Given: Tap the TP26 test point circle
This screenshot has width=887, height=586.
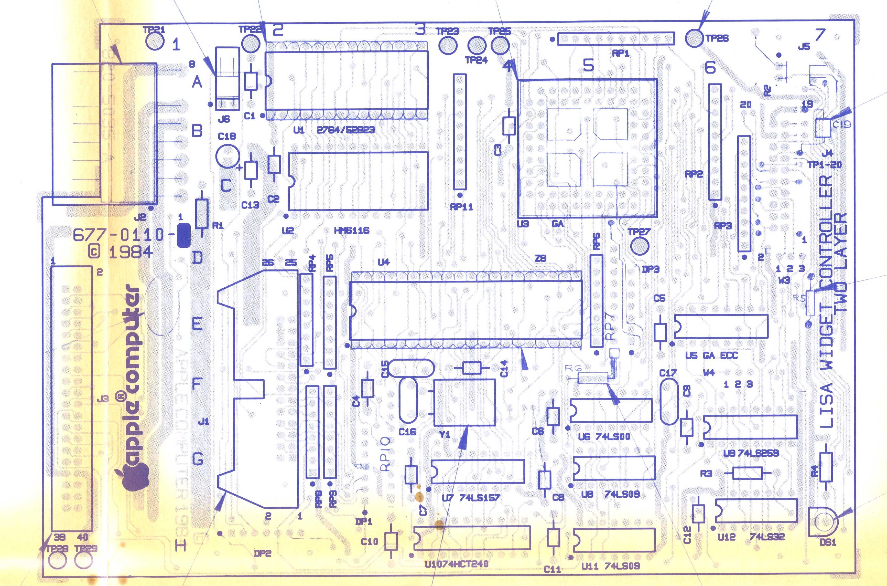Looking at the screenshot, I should point(694,38).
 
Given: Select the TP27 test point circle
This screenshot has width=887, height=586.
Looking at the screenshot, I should point(640,246).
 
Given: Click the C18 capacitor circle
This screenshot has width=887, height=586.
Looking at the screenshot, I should point(227,156).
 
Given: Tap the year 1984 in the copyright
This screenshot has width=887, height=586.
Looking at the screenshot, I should point(131,252).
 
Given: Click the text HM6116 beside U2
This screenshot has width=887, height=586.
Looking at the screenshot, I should point(351,231).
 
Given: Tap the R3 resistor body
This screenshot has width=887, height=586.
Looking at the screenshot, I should point(747,474).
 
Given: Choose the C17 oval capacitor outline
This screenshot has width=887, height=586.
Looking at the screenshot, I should point(669,402).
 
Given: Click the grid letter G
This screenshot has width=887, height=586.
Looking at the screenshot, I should point(198,459).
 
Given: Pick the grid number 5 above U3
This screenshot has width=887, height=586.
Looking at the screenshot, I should point(588,65).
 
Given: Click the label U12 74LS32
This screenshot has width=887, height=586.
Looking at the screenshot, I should point(751,537).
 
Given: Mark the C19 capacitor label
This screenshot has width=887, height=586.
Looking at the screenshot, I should point(841,124).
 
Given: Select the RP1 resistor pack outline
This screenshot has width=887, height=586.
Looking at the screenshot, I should point(616,39).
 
